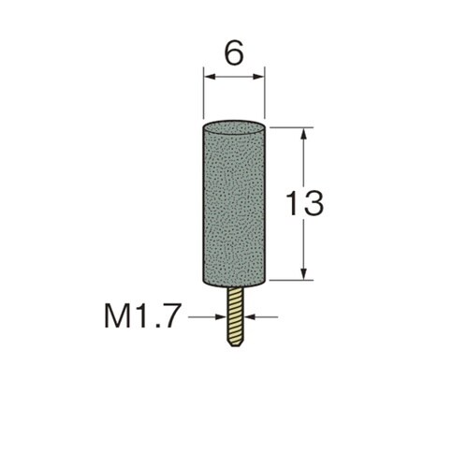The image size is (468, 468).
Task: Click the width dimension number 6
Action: [x=234, y=53]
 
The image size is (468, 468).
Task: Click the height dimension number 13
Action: [x=305, y=203]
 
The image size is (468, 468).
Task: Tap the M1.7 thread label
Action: [x=142, y=315]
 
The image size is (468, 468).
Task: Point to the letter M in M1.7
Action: [x=117, y=315]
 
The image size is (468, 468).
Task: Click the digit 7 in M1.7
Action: [x=173, y=315]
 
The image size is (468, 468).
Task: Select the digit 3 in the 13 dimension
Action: [x=314, y=203]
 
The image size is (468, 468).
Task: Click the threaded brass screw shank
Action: [x=236, y=316]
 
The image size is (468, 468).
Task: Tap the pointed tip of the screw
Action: [x=236, y=345]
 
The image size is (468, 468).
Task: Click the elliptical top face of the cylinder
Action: [x=234, y=128]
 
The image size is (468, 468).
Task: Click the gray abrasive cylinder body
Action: [x=234, y=204]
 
